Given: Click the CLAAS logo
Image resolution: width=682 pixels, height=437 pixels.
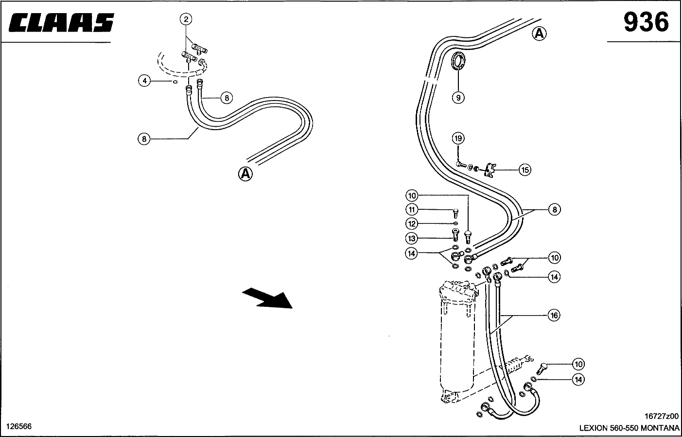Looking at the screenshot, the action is (x=61, y=22).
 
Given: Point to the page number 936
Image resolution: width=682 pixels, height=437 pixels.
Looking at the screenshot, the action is (x=646, y=22).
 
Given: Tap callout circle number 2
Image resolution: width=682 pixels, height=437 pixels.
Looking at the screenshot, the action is (x=186, y=19).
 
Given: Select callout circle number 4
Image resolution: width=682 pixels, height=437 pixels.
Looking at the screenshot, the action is (x=145, y=81).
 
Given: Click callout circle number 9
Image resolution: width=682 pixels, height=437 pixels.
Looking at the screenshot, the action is (x=458, y=98).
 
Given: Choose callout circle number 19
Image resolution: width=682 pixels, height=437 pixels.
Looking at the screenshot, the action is (x=458, y=139).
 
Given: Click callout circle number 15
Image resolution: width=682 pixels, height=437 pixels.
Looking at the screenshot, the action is (x=525, y=169).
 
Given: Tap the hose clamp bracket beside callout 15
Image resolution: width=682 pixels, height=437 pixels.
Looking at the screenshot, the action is (x=490, y=170).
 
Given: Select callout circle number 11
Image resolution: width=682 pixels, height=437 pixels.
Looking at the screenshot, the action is (x=412, y=210).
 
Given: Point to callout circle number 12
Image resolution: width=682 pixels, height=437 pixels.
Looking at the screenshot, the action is (x=412, y=224).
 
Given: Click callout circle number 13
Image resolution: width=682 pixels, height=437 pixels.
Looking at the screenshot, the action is (x=412, y=238).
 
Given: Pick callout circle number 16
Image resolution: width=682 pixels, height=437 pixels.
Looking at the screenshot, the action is (x=554, y=315).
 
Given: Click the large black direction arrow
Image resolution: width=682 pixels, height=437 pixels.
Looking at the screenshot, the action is (x=267, y=298).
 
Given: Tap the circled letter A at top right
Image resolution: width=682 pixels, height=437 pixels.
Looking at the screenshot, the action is (x=539, y=34).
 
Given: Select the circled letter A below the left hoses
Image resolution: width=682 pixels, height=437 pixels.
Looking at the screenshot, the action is (x=245, y=174).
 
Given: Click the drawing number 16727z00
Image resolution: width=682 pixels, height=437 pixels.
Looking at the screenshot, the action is (x=661, y=416).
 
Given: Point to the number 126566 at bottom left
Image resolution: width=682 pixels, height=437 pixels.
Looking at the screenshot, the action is (x=19, y=426).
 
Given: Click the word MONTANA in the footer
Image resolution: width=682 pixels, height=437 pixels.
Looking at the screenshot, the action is (x=660, y=428).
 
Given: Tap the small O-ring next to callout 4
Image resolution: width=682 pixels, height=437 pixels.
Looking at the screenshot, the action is (x=175, y=82).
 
